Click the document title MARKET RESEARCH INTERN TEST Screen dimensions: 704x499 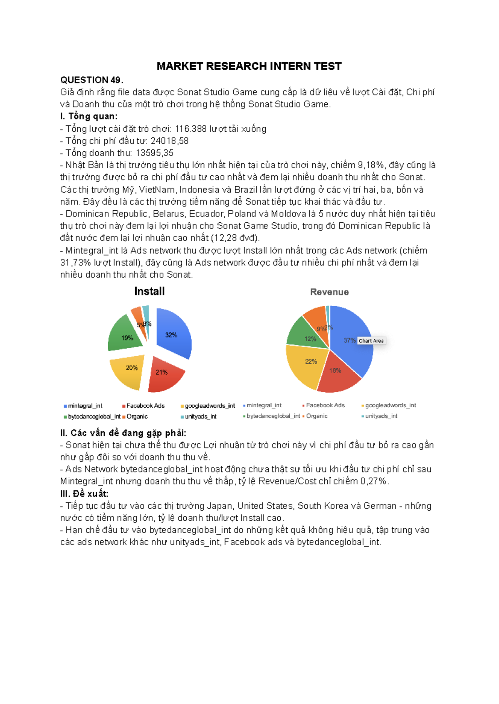point(249,66)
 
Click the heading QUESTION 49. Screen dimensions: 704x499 point(91,80)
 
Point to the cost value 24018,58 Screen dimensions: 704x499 point(169,141)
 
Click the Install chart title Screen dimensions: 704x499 point(149,291)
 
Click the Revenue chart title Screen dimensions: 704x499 point(329,292)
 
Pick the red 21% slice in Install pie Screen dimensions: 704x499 point(164,374)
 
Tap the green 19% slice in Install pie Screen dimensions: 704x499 point(125,335)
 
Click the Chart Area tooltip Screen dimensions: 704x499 point(371,341)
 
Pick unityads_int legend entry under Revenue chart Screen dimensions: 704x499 point(381,416)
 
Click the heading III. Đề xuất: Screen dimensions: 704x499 point(84,494)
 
